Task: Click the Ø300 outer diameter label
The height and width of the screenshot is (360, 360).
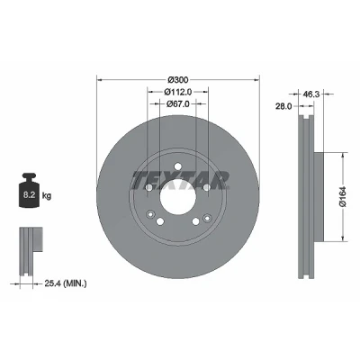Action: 177,80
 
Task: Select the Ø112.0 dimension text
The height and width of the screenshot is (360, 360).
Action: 178,92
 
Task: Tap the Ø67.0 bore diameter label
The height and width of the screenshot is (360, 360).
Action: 178,103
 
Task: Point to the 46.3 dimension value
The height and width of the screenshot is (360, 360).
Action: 312,94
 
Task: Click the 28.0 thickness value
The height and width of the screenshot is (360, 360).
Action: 283,106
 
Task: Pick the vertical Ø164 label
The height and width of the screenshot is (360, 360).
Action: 343,196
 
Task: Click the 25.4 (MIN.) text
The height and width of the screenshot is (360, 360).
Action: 66,283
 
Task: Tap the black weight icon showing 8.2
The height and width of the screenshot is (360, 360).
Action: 30,190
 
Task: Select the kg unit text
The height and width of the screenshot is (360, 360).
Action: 47,196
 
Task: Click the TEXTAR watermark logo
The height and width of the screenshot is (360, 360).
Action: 180,181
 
